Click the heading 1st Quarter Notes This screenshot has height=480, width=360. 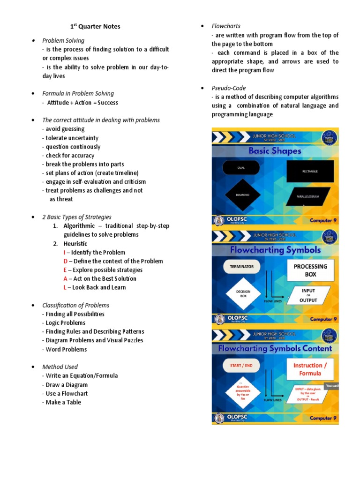92,27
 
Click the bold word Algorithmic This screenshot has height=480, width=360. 79,226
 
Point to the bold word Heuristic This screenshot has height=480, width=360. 75,244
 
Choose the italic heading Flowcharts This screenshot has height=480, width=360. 226,26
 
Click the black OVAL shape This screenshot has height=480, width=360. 241,168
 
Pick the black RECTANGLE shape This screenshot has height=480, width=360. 310,171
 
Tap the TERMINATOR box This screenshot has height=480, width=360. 241,266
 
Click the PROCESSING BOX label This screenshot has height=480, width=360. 310,270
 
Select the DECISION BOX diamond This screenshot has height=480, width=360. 243,294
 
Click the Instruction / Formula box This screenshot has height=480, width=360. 307,369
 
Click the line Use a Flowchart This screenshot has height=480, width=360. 66,393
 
